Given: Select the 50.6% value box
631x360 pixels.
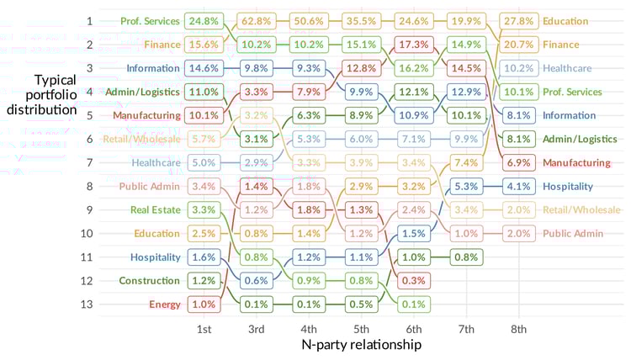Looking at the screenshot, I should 308,20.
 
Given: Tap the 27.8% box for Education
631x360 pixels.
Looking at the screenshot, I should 518,20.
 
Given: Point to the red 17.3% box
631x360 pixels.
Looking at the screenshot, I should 413,44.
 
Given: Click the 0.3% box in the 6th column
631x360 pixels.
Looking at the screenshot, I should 413,280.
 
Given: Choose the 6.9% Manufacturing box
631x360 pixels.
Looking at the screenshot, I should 518,162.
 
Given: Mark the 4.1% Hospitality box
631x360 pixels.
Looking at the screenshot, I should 518,186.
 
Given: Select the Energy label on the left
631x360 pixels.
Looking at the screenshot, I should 164,304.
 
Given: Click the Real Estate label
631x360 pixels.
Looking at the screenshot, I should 155,209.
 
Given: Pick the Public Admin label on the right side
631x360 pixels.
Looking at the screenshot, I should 572,233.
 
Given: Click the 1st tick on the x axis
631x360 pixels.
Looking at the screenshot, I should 203,328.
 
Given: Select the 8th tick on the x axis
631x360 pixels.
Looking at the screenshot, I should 518,328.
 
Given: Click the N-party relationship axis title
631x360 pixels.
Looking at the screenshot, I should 361,345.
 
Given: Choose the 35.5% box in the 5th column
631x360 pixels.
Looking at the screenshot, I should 361,20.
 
